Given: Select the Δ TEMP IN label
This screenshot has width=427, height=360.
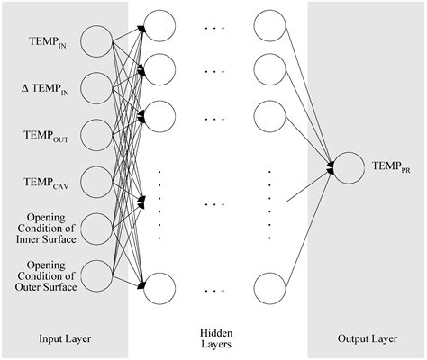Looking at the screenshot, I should point(50,88).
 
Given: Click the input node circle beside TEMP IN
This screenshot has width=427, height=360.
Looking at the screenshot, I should point(95,40).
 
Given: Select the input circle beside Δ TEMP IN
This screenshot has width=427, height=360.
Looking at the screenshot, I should point(95,87).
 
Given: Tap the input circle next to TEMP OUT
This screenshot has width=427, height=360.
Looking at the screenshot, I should point(95,135).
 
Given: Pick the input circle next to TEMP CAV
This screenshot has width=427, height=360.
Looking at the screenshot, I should point(95,182).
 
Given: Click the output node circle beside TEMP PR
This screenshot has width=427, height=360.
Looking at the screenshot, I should point(351,166).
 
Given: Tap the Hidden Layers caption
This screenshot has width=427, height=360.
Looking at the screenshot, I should point(215,337).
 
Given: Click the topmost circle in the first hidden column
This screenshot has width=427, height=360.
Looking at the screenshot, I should point(159,27).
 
